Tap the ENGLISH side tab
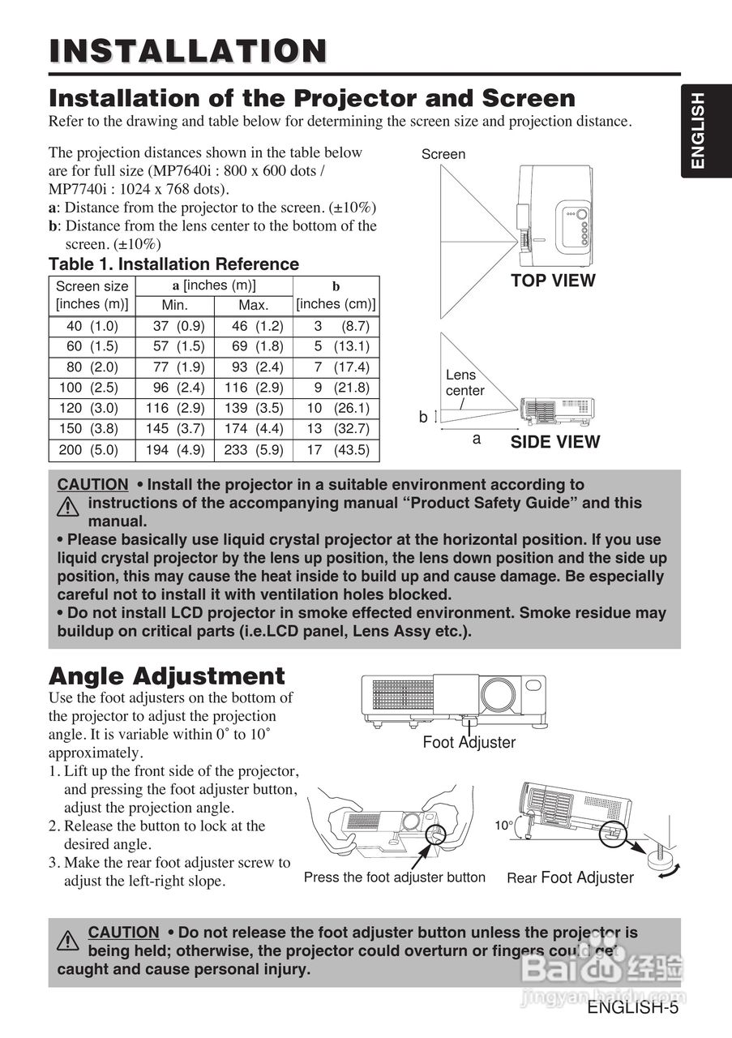point(697,131)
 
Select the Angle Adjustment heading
point(167,676)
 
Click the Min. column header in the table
point(174,306)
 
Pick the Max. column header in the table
point(253,306)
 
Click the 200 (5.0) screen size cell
point(92,449)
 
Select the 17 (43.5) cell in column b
point(336,449)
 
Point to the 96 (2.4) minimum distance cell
point(174,388)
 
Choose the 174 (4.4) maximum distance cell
point(253,428)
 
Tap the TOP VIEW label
point(553,281)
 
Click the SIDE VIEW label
point(554,442)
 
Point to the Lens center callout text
point(464,383)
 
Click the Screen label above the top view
point(443,154)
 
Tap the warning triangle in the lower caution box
point(68,941)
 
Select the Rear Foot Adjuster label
point(570,877)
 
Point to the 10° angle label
point(503,826)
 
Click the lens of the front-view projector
point(495,693)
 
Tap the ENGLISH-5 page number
point(632,1008)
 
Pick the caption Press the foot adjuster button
point(395,877)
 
